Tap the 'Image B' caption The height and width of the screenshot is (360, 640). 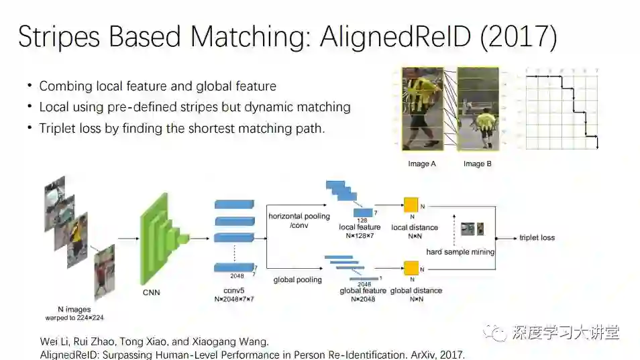pos(474,164)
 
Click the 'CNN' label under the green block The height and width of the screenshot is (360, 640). pos(151,292)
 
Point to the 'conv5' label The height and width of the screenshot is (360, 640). pos(233,290)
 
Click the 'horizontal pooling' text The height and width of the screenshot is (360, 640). pos(299,216)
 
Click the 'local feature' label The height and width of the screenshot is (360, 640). pos(360,227)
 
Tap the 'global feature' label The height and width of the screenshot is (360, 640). pos(363,290)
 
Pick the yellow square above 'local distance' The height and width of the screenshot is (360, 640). pos(411,206)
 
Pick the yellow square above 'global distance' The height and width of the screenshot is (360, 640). pos(411,268)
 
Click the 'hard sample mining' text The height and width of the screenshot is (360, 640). pos(460,252)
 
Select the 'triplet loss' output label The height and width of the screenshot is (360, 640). pos(537,237)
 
